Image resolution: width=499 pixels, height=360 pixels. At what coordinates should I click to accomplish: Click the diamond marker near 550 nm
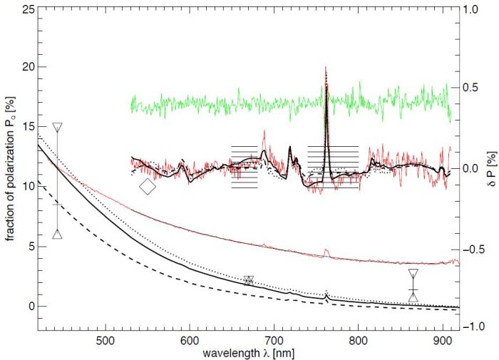(x=148, y=187)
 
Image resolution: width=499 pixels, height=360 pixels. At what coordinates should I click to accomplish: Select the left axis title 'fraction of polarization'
(x=10, y=171)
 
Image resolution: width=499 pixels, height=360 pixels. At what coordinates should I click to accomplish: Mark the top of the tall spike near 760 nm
(x=326, y=68)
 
